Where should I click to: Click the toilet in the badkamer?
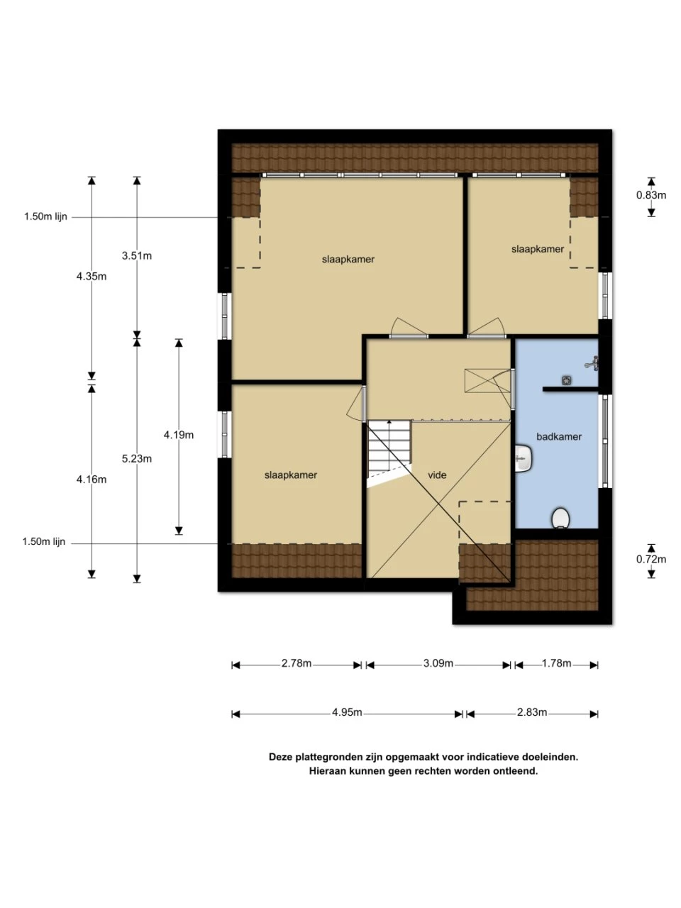(560, 519)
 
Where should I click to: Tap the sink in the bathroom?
(523, 458)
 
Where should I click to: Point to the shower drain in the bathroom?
(566, 380)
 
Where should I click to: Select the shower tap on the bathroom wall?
(592, 362)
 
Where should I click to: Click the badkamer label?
(558, 436)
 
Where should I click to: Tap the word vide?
(437, 475)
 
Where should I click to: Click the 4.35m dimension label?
(92, 277)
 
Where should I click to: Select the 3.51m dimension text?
(136, 256)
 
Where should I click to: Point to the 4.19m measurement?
(179, 435)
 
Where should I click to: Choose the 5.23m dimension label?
(136, 458)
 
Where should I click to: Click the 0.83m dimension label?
(650, 195)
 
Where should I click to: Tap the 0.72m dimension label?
(650, 559)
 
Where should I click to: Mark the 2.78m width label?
(297, 663)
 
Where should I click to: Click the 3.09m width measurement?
(438, 663)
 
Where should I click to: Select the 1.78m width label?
(557, 663)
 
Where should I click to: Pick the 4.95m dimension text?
(347, 712)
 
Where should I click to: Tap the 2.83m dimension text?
(532, 712)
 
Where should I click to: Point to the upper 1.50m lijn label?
(45, 217)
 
